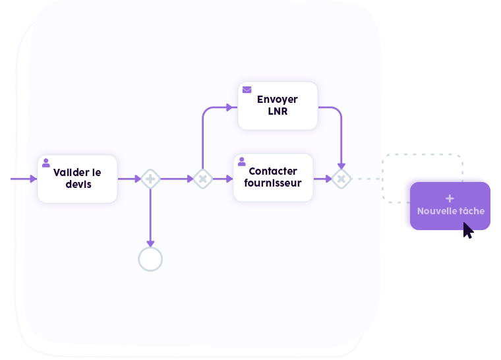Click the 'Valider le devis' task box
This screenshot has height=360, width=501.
pyautogui.click(x=77, y=179)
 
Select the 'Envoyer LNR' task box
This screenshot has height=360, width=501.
pyautogui.click(x=278, y=105)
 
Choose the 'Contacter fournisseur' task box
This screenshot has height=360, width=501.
pyautogui.click(x=273, y=178)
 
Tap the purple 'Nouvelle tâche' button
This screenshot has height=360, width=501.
pyautogui.click(x=450, y=206)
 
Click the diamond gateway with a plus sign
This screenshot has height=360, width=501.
pyautogui.click(x=150, y=179)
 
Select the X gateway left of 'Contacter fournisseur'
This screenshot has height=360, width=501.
pyautogui.click(x=202, y=179)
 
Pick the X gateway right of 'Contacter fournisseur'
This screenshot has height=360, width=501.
pyautogui.click(x=341, y=179)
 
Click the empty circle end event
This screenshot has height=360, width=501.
pyautogui.click(x=150, y=259)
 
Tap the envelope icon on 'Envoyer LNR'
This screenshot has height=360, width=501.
pyautogui.click(x=247, y=89)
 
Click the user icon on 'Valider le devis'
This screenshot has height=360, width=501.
pyautogui.click(x=46, y=162)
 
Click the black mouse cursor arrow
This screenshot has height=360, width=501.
pyautogui.click(x=467, y=230)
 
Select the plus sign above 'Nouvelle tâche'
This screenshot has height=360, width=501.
pyautogui.click(x=450, y=198)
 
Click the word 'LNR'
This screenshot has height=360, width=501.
pyautogui.click(x=278, y=111)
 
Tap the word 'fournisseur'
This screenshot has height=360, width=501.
pyautogui.click(x=273, y=183)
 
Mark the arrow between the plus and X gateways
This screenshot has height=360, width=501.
pyautogui.click(x=176, y=179)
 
